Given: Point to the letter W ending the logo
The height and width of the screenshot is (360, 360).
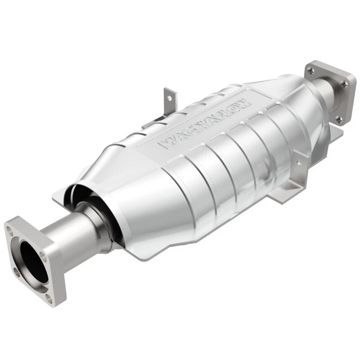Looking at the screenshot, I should click(x=243, y=105).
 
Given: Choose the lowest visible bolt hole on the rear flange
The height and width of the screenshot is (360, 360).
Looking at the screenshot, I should click(x=340, y=118).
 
